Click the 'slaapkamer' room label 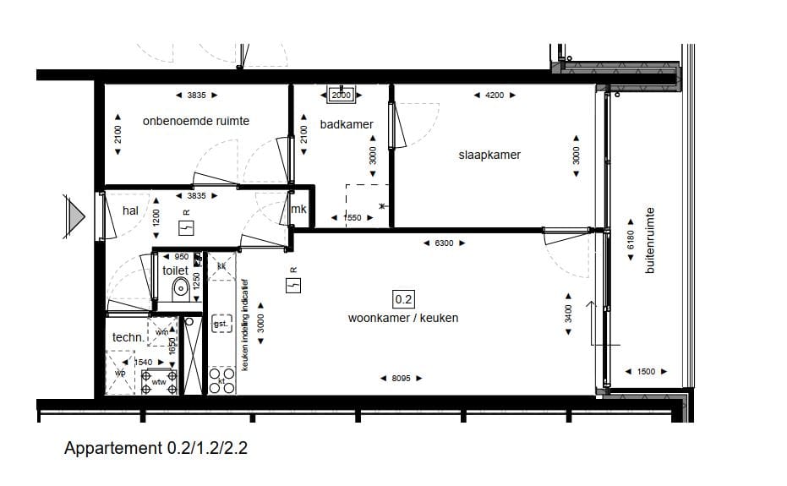coord(489,155)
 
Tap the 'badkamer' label coord(347,124)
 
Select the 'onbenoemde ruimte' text coord(196,121)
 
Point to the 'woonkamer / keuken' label coord(403,318)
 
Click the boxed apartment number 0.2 coord(402,298)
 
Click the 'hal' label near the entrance coord(130,210)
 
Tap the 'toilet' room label coord(175,270)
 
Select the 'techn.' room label coord(128,337)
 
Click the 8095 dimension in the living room coord(402,379)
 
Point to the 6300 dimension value coord(444,243)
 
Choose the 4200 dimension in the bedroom coord(495,96)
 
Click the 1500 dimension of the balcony coord(646,372)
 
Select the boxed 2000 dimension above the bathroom coord(341,96)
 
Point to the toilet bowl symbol coord(180,290)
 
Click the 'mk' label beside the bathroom coord(298,210)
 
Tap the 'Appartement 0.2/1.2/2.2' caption coord(156,449)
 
